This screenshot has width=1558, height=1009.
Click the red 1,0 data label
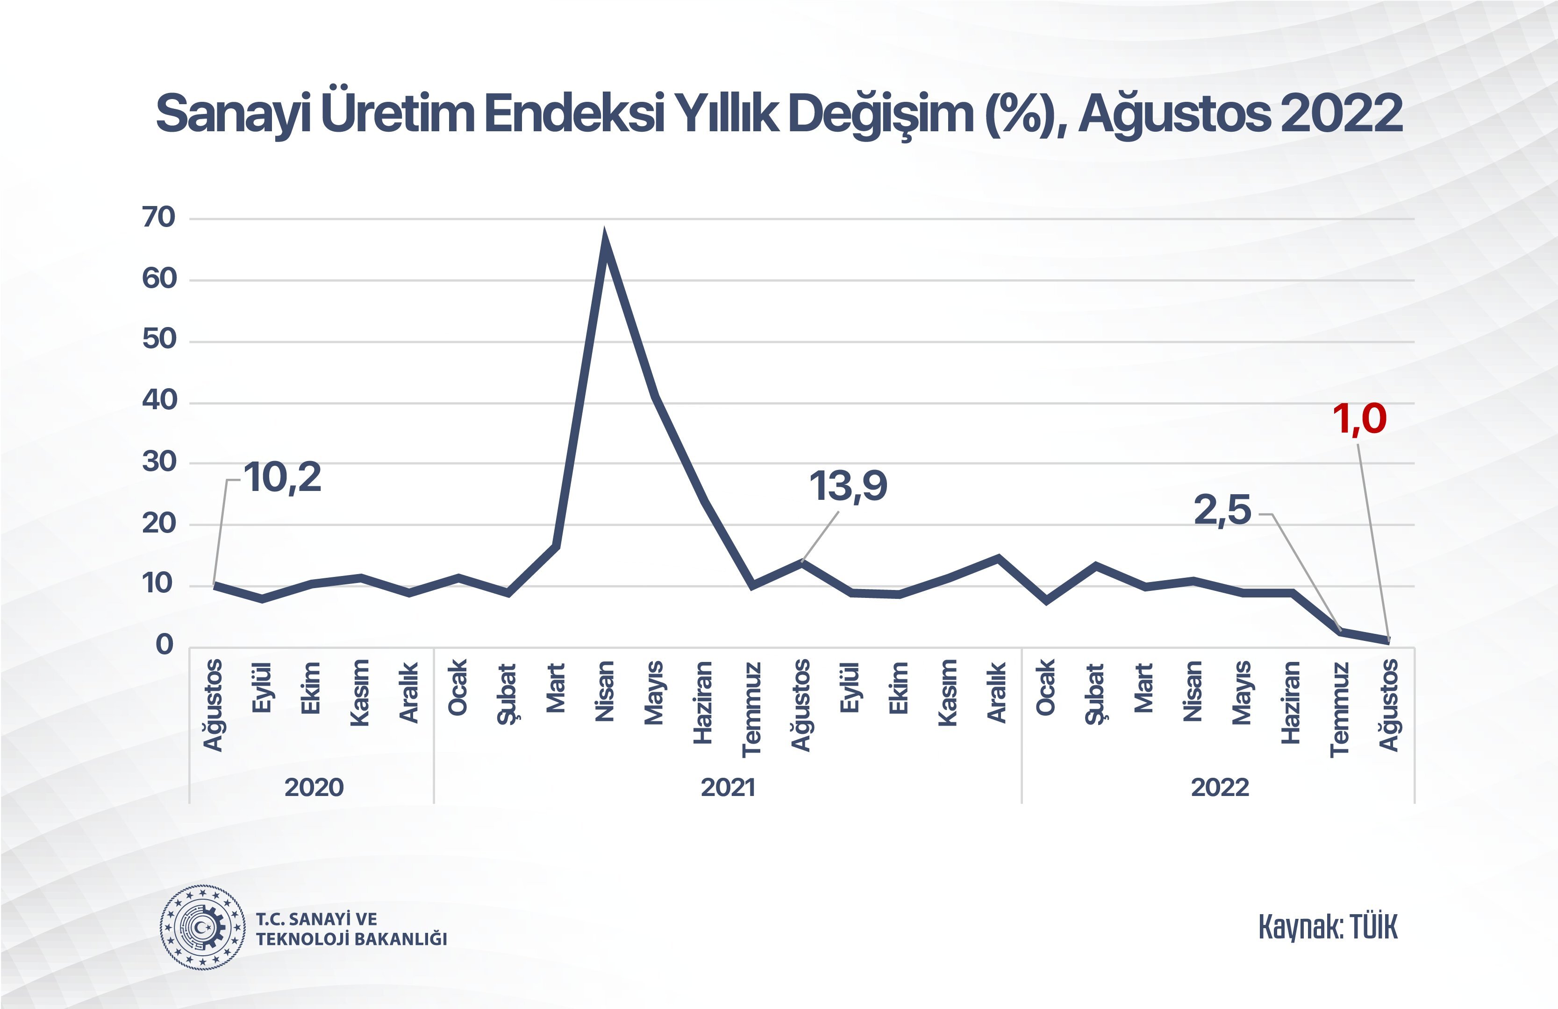click(x=1360, y=419)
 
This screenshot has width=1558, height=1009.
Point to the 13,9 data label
click(x=848, y=487)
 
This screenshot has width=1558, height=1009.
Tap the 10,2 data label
click(x=283, y=478)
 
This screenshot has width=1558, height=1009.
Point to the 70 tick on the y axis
click(x=159, y=218)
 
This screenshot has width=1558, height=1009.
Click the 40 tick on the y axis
click(x=159, y=400)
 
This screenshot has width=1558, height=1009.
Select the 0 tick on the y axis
click(x=164, y=645)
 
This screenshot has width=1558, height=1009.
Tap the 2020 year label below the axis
click(x=314, y=787)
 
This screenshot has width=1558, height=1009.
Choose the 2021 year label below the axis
click(x=728, y=787)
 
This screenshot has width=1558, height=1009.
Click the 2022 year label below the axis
click(x=1220, y=787)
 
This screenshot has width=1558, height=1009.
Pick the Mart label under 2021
click(x=555, y=688)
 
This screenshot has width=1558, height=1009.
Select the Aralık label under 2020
click(x=408, y=692)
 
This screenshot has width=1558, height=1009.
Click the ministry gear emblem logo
click(x=203, y=927)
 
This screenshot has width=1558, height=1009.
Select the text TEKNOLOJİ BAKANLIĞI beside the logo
click(x=351, y=939)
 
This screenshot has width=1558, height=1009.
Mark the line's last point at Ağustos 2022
click(x=1388, y=640)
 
